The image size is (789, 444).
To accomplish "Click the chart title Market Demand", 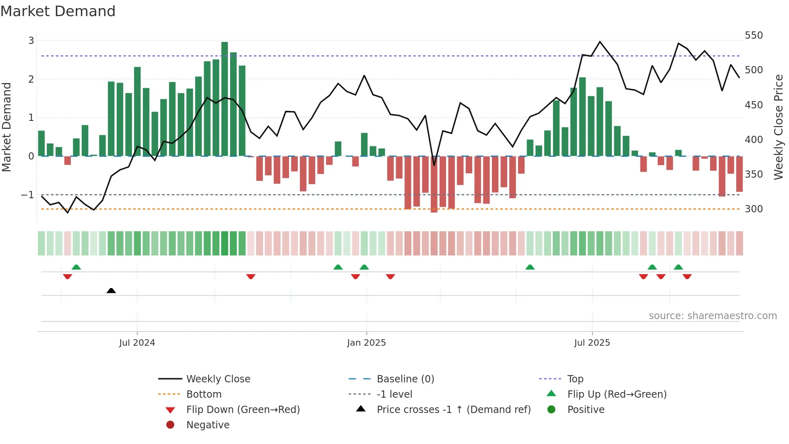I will pos(58,11).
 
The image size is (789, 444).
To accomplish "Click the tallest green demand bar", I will pos(225,99).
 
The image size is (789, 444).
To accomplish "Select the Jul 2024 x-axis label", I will pos(137,343).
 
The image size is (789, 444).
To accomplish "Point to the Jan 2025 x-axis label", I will pos(366,343).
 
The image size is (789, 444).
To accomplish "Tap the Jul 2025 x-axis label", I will pos(592,343).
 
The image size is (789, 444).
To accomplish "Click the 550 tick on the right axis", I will pos(754,35).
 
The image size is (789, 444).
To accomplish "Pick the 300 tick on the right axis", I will pos(754,209).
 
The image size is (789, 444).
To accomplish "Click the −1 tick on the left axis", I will pos(27,195).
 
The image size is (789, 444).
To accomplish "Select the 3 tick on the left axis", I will pos(31,41).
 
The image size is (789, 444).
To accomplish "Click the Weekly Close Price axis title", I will pos(779,127).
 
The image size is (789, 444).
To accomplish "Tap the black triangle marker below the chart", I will pos(111,290).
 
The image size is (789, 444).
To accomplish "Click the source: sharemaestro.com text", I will pos(713,316).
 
